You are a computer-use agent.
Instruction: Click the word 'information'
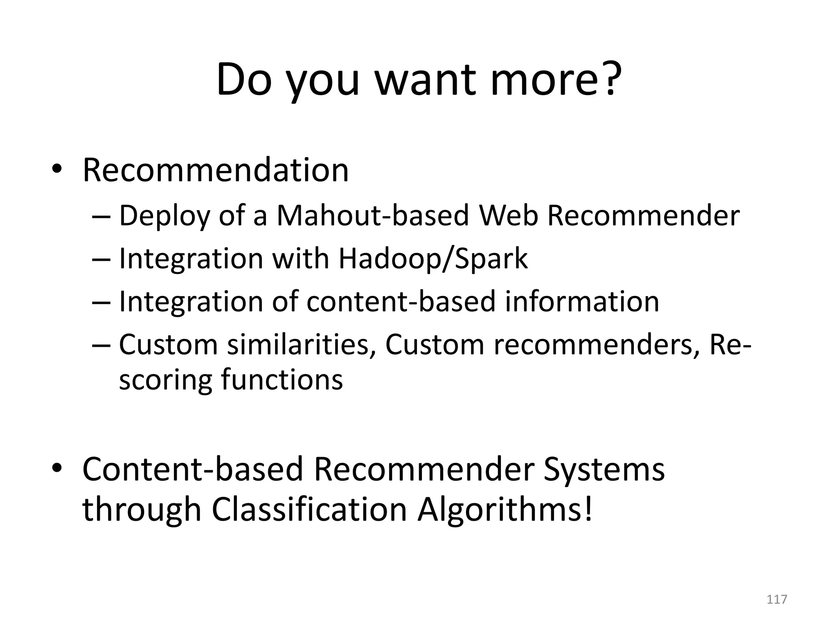click(582, 301)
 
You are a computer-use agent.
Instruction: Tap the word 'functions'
click(282, 380)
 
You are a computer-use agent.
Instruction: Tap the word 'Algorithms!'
click(505, 511)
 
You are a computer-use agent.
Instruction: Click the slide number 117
click(777, 599)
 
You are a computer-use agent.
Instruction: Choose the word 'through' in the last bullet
click(142, 511)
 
